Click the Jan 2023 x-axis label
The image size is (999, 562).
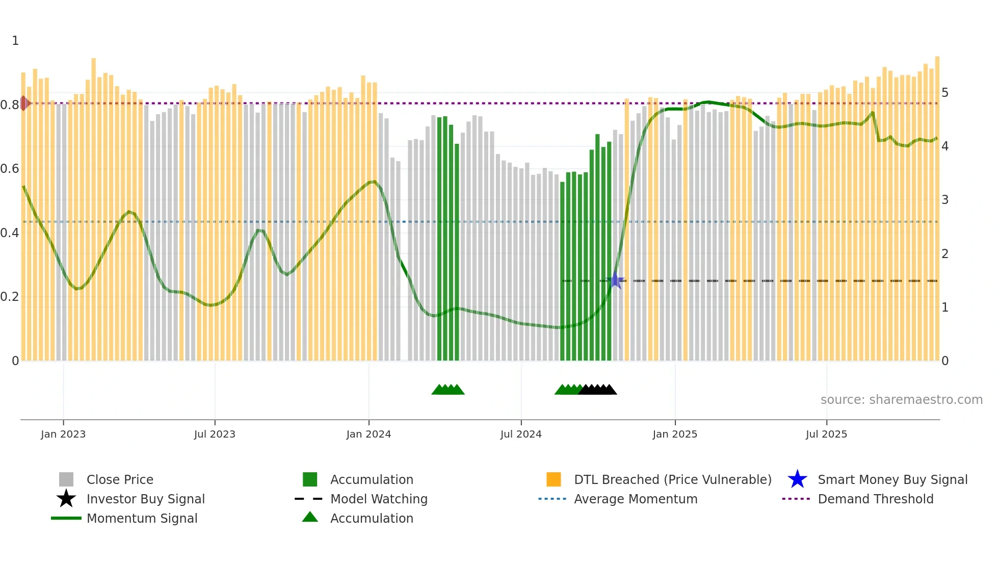pyautogui.click(x=63, y=434)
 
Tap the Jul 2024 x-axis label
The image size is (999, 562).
pyautogui.click(x=521, y=434)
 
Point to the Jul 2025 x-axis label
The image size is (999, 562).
pyautogui.click(x=826, y=434)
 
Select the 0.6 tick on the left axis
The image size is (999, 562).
pyautogui.click(x=10, y=169)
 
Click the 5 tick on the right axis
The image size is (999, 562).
pyautogui.click(x=945, y=93)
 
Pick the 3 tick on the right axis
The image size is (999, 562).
pyautogui.click(x=945, y=200)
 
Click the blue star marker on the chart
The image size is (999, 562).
pyautogui.click(x=615, y=280)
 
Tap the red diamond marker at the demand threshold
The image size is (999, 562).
pyautogui.click(x=24, y=103)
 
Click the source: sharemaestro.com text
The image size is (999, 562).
pyautogui.click(x=901, y=400)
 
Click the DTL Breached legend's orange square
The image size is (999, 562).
pyautogui.click(x=554, y=479)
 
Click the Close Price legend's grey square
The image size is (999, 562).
pyautogui.click(x=66, y=479)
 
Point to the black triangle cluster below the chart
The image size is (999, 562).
pyautogui.click(x=597, y=390)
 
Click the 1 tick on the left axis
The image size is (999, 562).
pyautogui.click(x=15, y=41)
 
